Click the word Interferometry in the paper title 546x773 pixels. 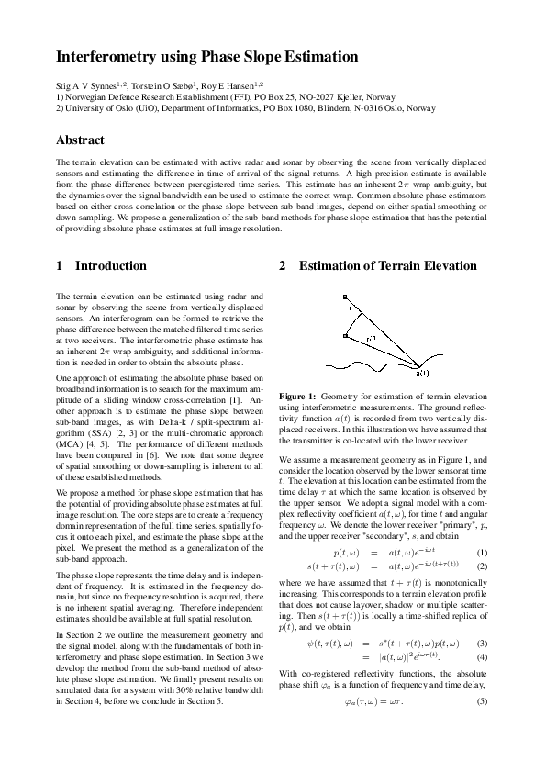tap(104, 57)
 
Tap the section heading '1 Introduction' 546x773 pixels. tap(101, 265)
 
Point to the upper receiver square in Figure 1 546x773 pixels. tap(344, 297)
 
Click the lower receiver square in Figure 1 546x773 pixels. tap(344, 337)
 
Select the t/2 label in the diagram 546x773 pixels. tap(370, 340)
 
